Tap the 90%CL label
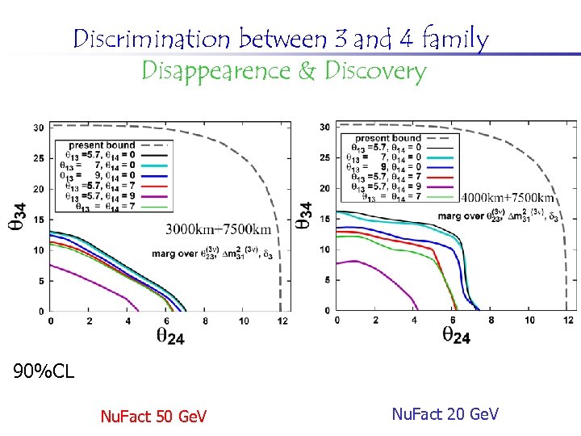click(x=44, y=371)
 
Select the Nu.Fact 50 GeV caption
click(x=153, y=417)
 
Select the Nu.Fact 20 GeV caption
click(x=445, y=414)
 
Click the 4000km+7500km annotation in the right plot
click(x=508, y=198)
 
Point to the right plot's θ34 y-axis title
click(x=305, y=214)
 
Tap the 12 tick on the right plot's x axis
click(x=567, y=320)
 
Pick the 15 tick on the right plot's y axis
click(x=324, y=219)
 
